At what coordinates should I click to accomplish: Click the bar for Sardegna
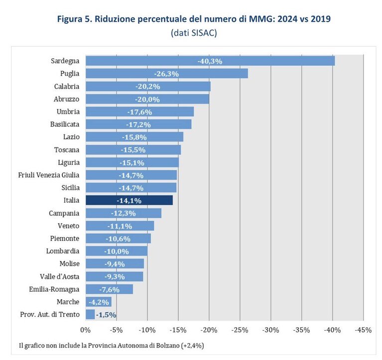(x=210, y=61)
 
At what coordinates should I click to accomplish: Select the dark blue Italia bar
(x=129, y=200)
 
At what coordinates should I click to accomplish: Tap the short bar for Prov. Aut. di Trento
(x=90, y=315)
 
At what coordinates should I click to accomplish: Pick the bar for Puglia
(x=167, y=74)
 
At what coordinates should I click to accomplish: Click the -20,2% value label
(x=148, y=87)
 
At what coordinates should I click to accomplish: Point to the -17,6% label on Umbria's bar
(x=139, y=112)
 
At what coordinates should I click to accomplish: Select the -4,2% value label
(x=99, y=302)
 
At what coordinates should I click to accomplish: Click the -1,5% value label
(x=106, y=315)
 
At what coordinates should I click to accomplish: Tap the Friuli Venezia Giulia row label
(x=49, y=175)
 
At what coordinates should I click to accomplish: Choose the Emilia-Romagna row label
(x=54, y=289)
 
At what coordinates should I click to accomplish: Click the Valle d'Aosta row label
(x=60, y=276)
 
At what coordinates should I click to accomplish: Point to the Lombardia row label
(x=63, y=251)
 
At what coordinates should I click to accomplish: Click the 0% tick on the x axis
(x=85, y=330)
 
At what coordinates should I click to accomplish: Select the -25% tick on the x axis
(x=240, y=330)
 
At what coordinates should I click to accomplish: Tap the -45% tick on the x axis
(x=363, y=330)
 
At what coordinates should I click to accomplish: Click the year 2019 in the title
(x=321, y=19)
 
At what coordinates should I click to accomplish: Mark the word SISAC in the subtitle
(x=203, y=33)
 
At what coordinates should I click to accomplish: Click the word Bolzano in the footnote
(x=168, y=346)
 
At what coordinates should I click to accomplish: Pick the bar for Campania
(x=124, y=213)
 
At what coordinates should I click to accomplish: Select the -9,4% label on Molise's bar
(x=115, y=264)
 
